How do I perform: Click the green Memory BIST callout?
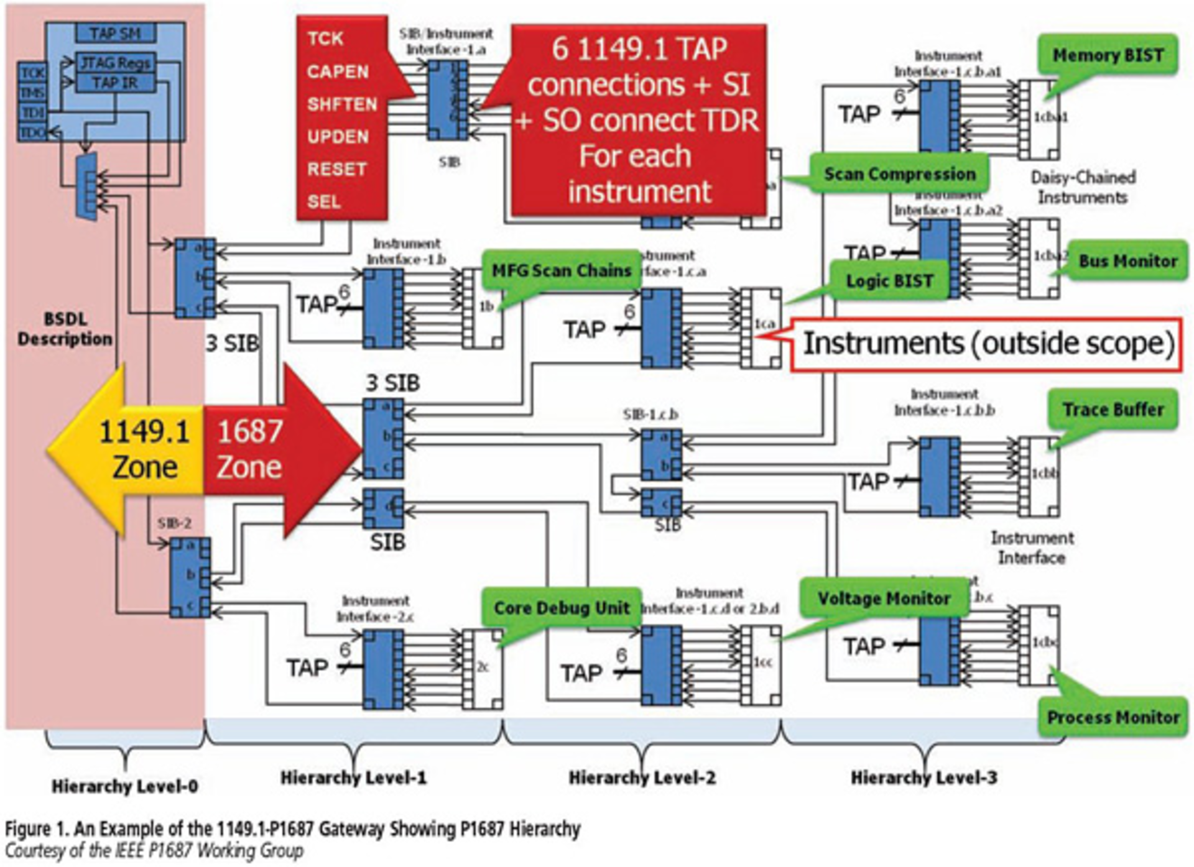click(x=1108, y=55)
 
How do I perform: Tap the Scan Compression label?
click(x=899, y=174)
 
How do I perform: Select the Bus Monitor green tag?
click(x=1127, y=261)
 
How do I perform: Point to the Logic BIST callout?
click(x=889, y=281)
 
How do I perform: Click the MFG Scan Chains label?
click(x=561, y=271)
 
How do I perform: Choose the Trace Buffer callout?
click(x=1113, y=410)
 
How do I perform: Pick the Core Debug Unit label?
click(x=561, y=607)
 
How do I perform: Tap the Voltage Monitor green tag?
click(x=884, y=599)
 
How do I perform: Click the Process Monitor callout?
click(x=1113, y=717)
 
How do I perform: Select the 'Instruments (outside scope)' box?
click(x=987, y=344)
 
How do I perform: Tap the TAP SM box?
click(x=115, y=33)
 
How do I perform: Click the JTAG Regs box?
click(x=115, y=63)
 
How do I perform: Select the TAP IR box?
click(x=115, y=83)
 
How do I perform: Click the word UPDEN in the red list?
click(x=338, y=137)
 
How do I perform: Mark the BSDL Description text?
click(x=65, y=329)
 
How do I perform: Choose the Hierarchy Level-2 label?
click(x=642, y=778)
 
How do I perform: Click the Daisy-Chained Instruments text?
click(x=1083, y=187)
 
